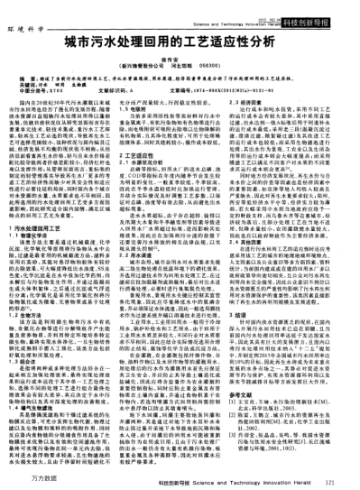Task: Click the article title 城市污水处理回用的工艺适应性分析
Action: [x=180, y=42]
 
